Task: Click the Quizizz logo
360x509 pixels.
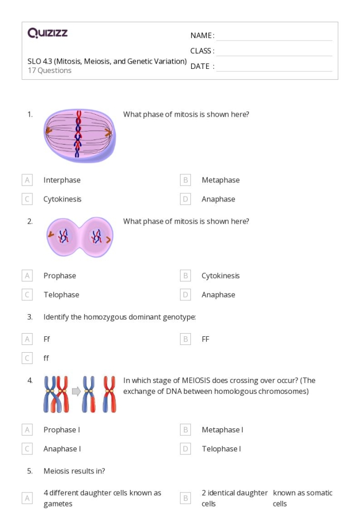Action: [x=47, y=33]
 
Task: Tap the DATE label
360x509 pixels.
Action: [x=202, y=66]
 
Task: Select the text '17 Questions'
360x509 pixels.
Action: [x=49, y=70]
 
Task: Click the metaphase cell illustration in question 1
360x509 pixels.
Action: [x=79, y=134]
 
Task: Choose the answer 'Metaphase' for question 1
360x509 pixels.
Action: [x=220, y=180]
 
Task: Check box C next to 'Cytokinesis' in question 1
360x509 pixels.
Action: [x=27, y=199]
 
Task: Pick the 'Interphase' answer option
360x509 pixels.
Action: [x=62, y=180]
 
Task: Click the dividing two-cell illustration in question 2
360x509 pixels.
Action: [x=79, y=237]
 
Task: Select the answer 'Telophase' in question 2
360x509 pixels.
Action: [x=61, y=295]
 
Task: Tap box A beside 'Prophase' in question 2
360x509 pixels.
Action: [x=27, y=276]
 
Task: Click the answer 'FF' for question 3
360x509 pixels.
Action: [x=205, y=339]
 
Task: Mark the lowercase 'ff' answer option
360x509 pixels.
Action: [x=46, y=358]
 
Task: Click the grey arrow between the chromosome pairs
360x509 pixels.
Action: [x=76, y=392]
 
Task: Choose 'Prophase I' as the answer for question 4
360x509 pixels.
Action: [x=61, y=430]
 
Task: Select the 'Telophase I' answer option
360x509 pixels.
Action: [x=221, y=449]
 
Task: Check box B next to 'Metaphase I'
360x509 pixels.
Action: [x=186, y=430]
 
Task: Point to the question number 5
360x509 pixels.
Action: [x=30, y=471]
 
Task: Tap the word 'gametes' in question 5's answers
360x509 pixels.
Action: [x=58, y=504]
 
